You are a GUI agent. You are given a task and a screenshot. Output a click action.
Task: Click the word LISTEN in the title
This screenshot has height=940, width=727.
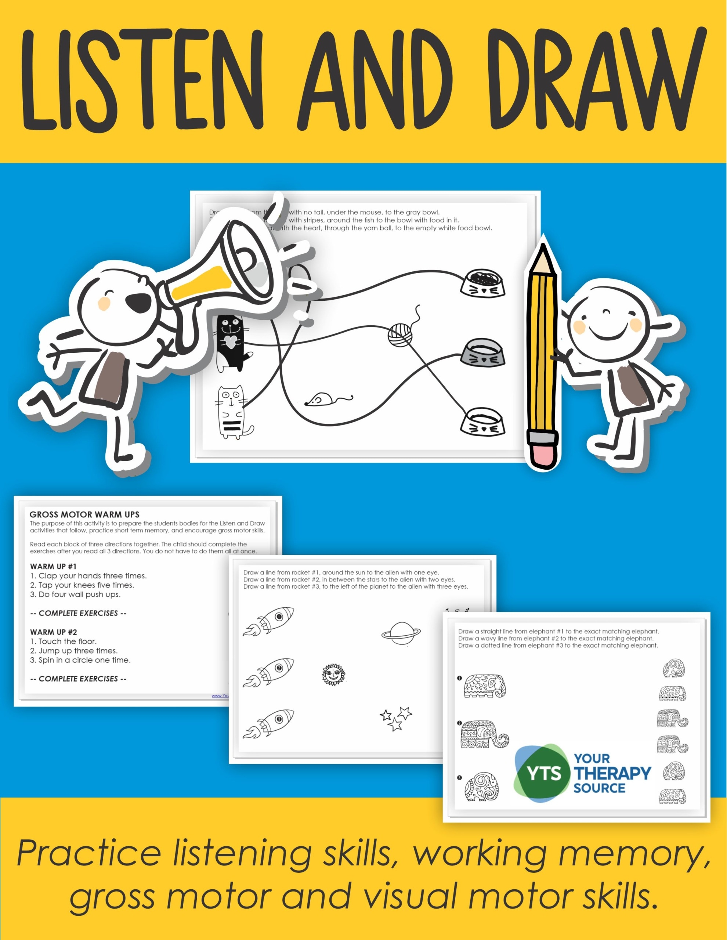click(142, 80)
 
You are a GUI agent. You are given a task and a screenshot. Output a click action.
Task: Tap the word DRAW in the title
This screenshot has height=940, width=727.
click(596, 80)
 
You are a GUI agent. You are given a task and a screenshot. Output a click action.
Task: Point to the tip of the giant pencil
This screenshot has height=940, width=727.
click(543, 254)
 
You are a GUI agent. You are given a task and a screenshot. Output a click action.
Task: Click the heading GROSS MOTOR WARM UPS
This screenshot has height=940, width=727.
click(84, 514)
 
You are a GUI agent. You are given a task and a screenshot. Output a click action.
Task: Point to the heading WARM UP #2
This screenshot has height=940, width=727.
click(53, 632)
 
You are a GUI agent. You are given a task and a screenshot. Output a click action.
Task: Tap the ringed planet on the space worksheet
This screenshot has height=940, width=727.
click(401, 633)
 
